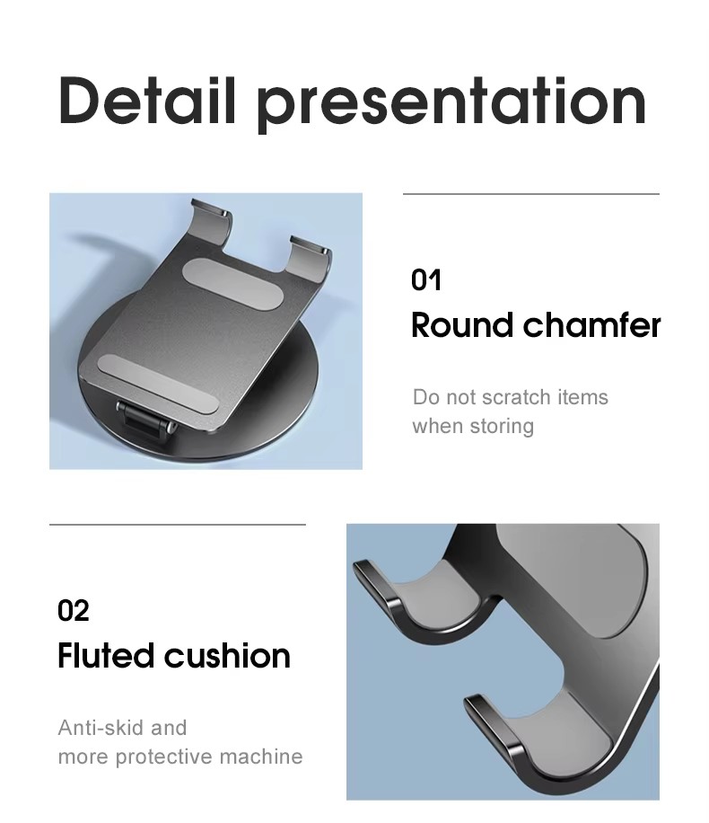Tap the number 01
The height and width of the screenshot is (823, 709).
pos(426,280)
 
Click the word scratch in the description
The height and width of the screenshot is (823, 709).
pos(516,397)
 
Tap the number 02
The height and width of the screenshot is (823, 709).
pos(74,611)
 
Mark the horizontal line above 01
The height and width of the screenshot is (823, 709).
pos(530,193)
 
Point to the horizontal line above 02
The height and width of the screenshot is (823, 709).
pos(177,524)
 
